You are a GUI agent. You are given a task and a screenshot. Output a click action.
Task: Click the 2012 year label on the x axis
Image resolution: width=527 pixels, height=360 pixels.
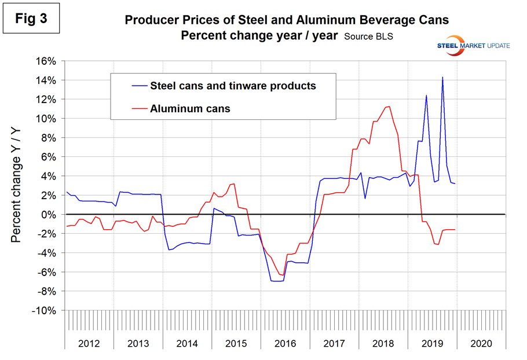click(89, 343)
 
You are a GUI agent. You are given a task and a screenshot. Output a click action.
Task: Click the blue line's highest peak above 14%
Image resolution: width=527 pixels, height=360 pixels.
click(443, 77)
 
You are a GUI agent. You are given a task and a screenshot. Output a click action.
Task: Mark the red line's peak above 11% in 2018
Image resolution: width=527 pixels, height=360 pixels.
click(389, 106)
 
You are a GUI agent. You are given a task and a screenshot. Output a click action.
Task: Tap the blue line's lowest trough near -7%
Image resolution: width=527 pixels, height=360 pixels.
click(276, 281)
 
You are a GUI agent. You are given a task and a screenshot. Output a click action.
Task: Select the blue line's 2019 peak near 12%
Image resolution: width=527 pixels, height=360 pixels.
click(426, 95)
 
